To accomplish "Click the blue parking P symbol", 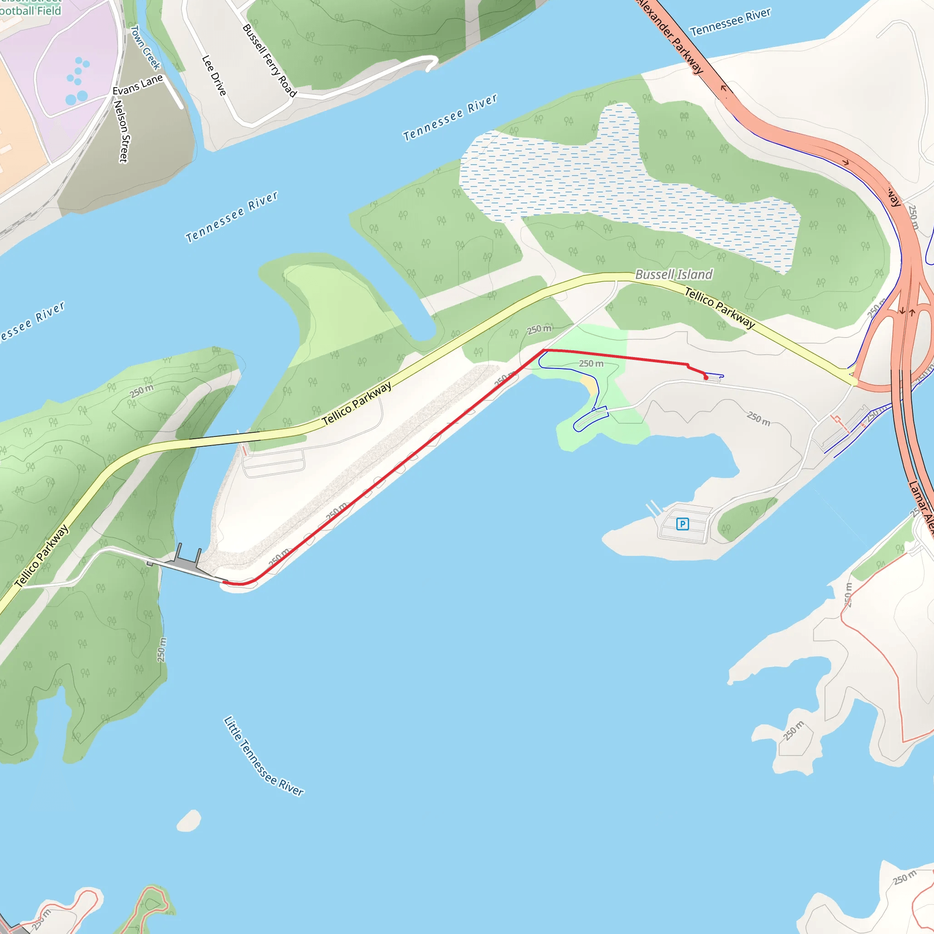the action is click(682, 524).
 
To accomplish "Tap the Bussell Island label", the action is click(674, 275).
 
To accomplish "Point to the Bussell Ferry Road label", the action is click(269, 61).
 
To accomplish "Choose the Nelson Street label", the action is click(121, 131).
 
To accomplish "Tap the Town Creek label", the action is click(145, 47).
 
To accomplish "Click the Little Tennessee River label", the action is click(264, 757).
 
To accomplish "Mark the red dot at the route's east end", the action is click(706, 378).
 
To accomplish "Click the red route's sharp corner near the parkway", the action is click(544, 350).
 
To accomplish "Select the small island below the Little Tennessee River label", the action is click(189, 820).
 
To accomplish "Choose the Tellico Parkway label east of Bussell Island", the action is click(719, 308).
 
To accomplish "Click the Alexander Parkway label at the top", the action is click(670, 36).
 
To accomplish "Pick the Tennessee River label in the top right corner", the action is click(730, 22).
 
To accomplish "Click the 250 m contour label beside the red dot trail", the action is click(591, 363).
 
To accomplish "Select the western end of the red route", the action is click(224, 582).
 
